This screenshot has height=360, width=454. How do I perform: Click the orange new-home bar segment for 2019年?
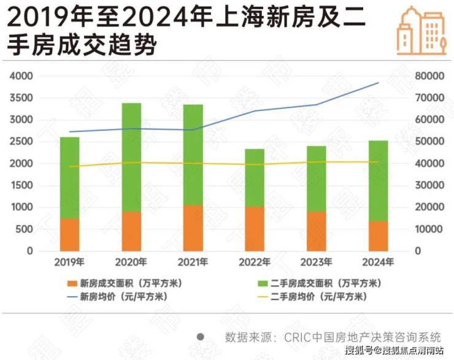pos(69,235)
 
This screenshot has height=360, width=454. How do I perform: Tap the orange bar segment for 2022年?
pos(255,229)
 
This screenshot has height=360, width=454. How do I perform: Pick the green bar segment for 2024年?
pos(378,181)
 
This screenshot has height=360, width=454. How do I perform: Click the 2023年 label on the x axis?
pos(316,262)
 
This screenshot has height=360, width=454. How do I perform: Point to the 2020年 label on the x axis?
pos(131,262)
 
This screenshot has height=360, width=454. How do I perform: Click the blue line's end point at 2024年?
pos(379,83)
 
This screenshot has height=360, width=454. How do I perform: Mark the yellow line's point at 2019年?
pos(69,166)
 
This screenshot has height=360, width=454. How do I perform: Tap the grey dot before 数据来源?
pos(201,337)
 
